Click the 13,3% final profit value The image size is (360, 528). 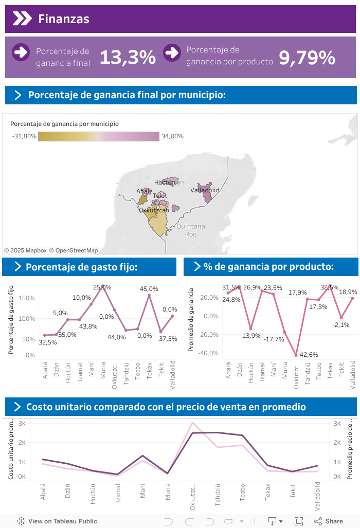click(128, 57)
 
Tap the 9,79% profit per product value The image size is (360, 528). click(307, 57)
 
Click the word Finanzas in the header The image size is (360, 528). click(64, 19)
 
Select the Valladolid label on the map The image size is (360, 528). click(205, 190)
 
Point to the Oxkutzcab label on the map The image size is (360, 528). click(154, 210)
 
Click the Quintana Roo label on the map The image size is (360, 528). click(190, 230)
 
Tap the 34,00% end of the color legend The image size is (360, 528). click(172, 136)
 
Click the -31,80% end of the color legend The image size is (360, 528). click(23, 136)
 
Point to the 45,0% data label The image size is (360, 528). click(149, 289)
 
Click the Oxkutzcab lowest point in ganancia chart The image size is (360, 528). click(296, 355)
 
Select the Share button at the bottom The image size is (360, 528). click(329, 521)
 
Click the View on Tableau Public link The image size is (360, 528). click(57, 521)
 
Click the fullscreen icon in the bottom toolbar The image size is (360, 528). click(298, 521)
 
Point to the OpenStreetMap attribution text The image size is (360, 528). click(74, 250)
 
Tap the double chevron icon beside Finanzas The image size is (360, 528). click(22, 19)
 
